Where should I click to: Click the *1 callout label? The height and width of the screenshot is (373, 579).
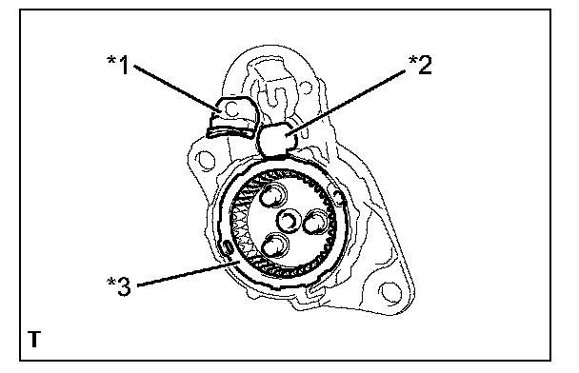[x=118, y=65]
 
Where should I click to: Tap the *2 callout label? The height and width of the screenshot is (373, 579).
[x=420, y=65]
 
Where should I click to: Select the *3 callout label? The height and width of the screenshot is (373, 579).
[x=119, y=286]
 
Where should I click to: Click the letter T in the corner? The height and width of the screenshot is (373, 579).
[x=34, y=340]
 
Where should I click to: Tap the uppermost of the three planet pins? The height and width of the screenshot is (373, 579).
[x=273, y=196]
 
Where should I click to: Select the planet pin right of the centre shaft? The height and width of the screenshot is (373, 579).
[x=316, y=222]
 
